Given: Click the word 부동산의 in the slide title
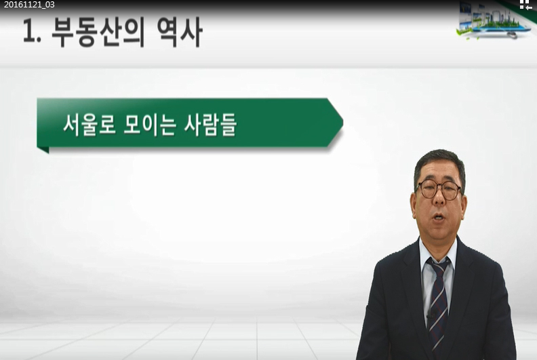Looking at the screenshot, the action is point(98,33).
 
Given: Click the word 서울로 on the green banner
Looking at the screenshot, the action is point(89,125).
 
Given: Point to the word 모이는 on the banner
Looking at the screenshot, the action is point(150,125).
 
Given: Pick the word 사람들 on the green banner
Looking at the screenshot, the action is point(210,125).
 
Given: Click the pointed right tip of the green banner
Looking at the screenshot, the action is point(343,123).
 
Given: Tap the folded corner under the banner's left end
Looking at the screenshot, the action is point(43,150).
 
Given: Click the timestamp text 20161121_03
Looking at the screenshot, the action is point(29,5).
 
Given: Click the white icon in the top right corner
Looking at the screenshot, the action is point(525,5).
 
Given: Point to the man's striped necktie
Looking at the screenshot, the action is point(439,305).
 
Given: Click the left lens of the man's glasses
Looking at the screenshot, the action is point(427,190).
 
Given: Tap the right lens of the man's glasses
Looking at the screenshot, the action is point(451,191).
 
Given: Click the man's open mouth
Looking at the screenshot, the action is point(439,217).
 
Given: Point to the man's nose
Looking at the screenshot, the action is point(439,199).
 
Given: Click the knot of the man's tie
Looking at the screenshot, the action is point(439,266).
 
